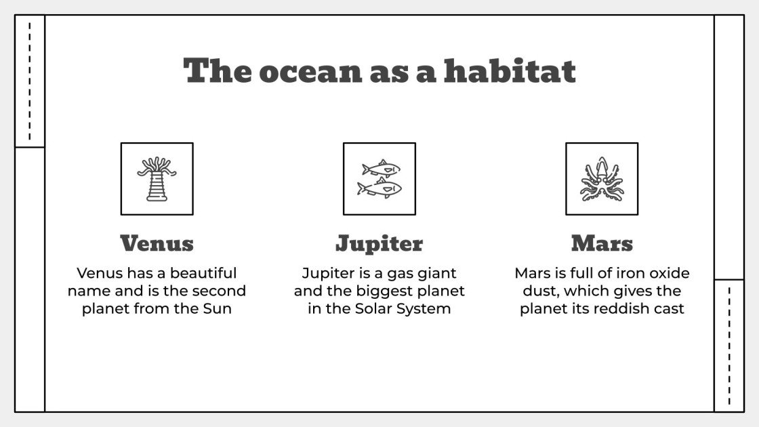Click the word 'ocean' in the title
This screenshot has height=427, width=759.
click(310, 71)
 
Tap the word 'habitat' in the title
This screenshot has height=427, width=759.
click(510, 71)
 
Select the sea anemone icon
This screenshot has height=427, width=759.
click(157, 179)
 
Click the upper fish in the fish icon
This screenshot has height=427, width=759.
click(381, 168)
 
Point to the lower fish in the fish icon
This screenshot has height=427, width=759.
click(379, 188)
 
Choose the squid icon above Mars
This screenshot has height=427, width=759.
click(602, 179)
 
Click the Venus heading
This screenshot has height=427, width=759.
click(157, 243)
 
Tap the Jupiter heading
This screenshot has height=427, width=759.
click(379, 243)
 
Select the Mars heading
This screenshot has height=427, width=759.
click(602, 243)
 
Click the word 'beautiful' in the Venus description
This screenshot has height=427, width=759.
click(203, 273)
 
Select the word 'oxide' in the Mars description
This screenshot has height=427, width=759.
click(666, 273)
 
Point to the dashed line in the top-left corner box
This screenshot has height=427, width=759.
click(30, 81)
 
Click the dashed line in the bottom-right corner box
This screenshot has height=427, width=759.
click(729, 346)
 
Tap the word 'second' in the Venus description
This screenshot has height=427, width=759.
click(218, 291)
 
